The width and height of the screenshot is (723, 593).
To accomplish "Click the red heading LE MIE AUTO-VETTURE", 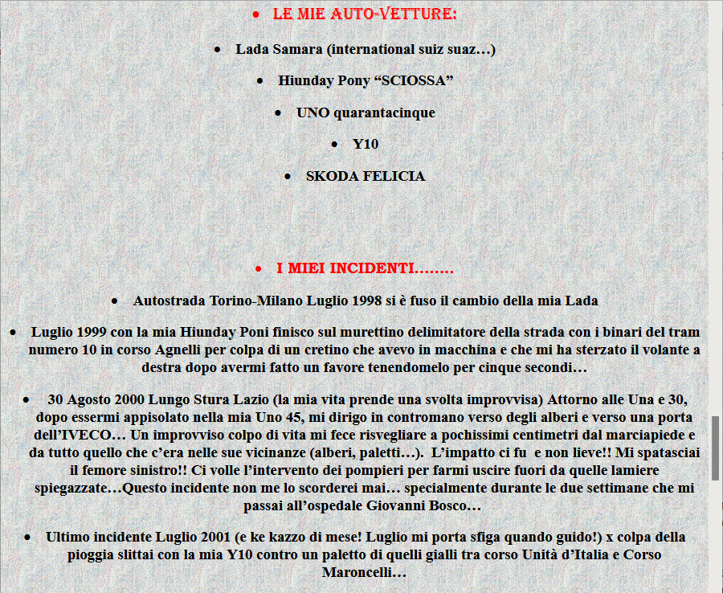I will coord(365,14).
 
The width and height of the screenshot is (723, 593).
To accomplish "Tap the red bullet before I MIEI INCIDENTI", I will coord(258,268).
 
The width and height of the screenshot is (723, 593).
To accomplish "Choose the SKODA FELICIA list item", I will coord(365,176).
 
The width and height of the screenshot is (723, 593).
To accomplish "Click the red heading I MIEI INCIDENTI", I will coord(365,268).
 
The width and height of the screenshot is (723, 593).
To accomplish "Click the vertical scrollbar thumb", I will coord(715,447).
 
